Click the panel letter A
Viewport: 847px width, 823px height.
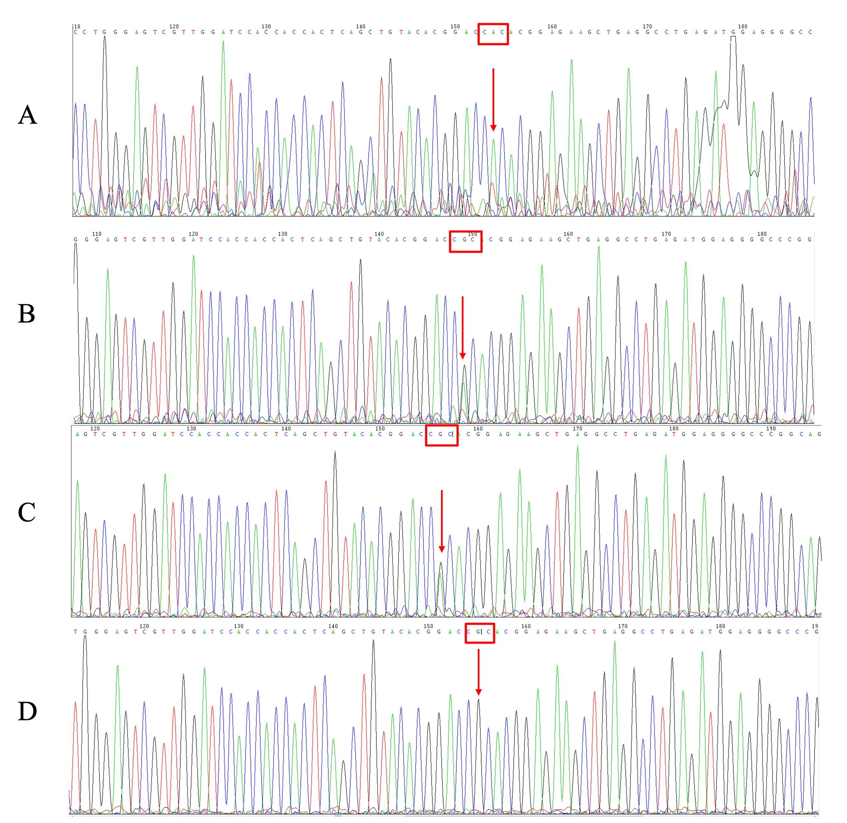pos(27,115)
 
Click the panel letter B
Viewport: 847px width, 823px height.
pos(26,314)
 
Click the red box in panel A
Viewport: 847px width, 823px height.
pos(493,34)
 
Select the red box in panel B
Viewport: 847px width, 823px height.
pos(465,241)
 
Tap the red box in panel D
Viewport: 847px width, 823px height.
pos(479,633)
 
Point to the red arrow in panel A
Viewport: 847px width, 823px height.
pos(493,99)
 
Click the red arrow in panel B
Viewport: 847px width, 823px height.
pos(462,328)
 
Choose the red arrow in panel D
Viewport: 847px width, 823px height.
pos(478,672)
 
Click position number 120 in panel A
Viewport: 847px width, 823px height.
pos(174,26)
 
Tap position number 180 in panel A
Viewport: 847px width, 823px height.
pos(742,26)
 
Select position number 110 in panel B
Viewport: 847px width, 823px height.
pos(96,234)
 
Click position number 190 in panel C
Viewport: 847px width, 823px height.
pos(771,429)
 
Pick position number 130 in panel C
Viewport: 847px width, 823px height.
pos(191,429)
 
